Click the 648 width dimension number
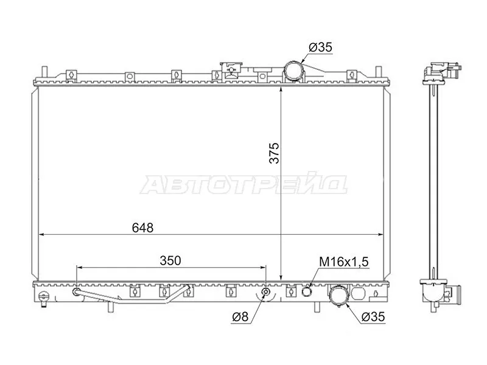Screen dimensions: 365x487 click(142, 228)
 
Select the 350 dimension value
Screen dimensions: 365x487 click(171, 260)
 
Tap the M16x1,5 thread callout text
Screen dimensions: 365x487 click(345, 262)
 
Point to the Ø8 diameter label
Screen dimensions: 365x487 click(240, 317)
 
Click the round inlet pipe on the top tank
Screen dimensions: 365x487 click(295, 71)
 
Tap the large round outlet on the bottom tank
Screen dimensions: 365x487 click(337, 296)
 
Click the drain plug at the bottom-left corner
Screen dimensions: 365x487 click(43, 297)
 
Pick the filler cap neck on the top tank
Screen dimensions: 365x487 click(231, 69)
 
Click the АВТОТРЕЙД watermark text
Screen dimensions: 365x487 click(243, 184)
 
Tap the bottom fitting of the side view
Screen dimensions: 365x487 click(439, 292)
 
